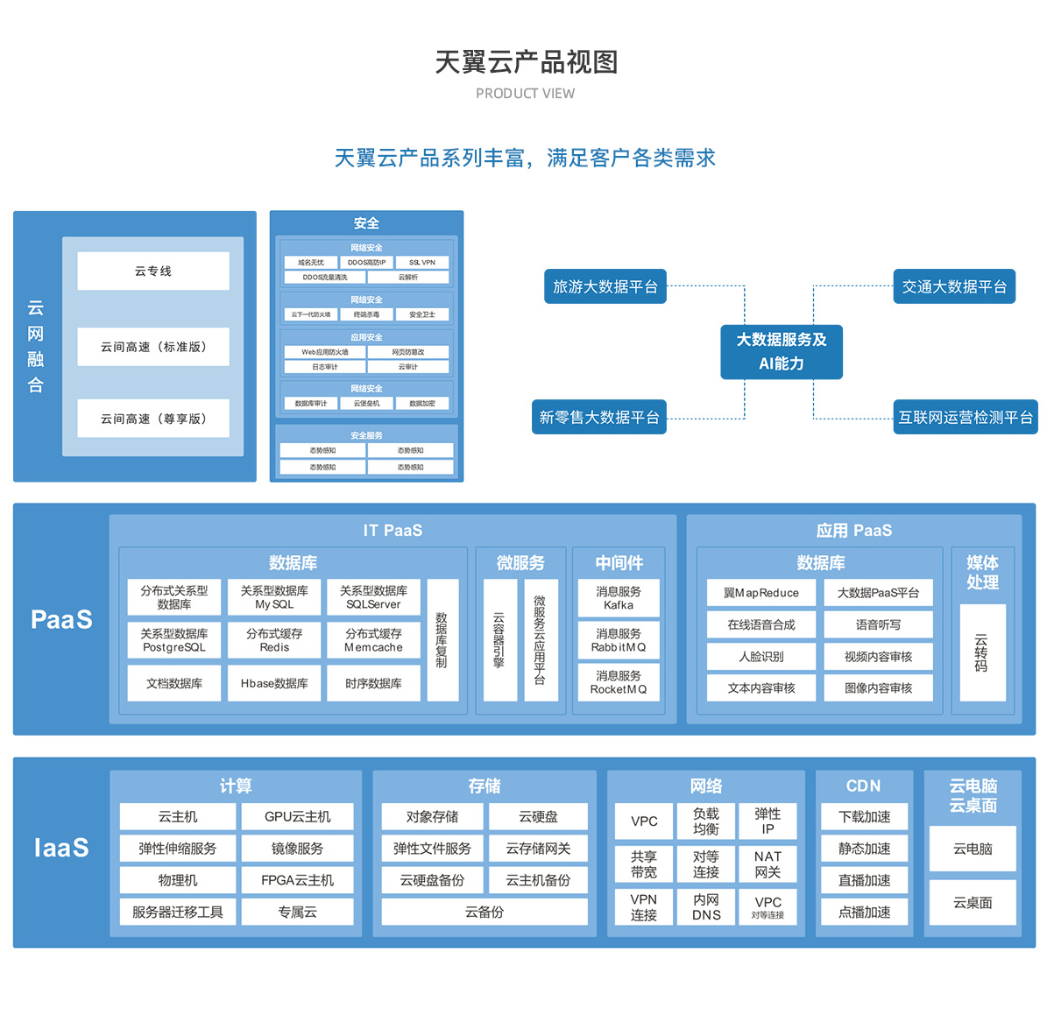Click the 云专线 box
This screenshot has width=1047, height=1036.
(153, 271)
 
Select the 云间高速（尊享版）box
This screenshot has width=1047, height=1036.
(153, 419)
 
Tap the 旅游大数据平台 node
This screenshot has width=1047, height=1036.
(605, 286)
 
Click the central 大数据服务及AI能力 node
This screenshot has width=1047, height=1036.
(782, 351)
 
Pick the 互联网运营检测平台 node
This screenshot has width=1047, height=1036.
(965, 417)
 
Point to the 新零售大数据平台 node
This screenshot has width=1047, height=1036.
(599, 417)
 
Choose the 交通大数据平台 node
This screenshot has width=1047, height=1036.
(954, 286)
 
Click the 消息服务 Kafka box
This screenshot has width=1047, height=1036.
(619, 598)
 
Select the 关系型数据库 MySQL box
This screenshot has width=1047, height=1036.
(274, 597)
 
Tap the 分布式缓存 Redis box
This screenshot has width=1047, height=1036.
(274, 640)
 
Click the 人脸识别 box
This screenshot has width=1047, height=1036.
(761, 656)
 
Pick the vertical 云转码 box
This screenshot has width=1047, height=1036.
(982, 652)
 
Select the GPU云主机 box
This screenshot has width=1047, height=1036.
(298, 816)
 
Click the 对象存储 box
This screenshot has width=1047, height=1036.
(432, 816)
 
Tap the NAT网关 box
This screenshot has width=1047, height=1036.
(768, 864)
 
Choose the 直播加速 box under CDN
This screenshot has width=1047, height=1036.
(864, 880)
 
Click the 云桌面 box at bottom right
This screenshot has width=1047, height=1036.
(973, 903)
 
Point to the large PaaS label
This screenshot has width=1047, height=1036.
(61, 619)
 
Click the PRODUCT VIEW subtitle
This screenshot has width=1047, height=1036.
(525, 94)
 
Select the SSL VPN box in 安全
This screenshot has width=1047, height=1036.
(422, 262)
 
